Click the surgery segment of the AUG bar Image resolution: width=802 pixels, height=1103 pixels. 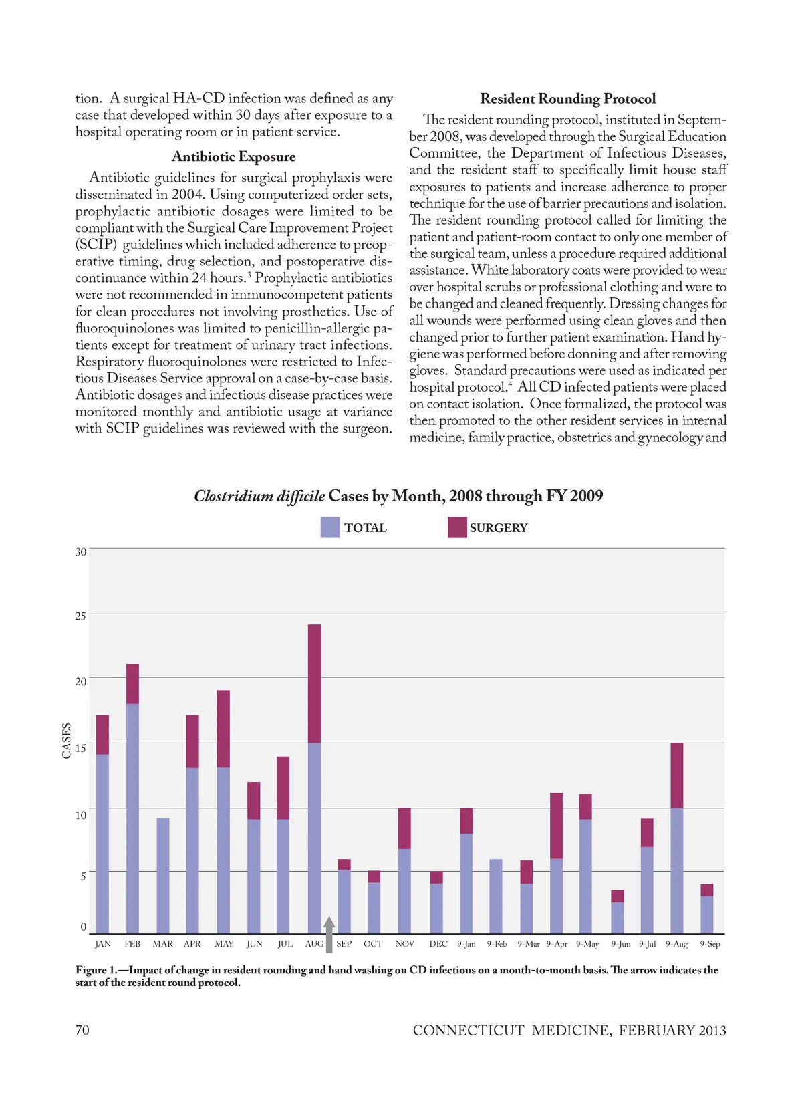click(314, 683)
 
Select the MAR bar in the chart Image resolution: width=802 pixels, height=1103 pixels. click(162, 876)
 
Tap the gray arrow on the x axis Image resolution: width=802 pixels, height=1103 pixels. click(329, 934)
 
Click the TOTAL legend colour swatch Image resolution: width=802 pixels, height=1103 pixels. click(330, 527)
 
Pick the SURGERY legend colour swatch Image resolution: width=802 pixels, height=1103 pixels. click(457, 527)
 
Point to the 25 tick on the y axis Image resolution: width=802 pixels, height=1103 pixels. click(81, 616)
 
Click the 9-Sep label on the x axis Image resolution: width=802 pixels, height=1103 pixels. click(710, 944)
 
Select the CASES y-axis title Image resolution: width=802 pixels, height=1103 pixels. click(67, 741)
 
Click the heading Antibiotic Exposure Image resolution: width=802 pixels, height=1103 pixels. click(233, 156)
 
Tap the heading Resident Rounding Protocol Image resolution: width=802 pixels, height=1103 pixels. click(567, 99)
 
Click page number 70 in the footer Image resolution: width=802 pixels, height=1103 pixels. click(82, 1030)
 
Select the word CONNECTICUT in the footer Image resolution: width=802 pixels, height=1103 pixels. click(468, 1031)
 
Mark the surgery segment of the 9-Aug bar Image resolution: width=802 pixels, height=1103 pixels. click(676, 775)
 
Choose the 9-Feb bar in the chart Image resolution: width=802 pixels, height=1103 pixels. click(496, 896)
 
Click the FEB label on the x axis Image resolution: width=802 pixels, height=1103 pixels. click(132, 944)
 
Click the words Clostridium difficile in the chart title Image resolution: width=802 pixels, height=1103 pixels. click(259, 496)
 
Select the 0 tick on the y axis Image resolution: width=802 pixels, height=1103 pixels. click(84, 927)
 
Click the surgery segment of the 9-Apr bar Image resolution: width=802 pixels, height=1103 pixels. click(556, 826)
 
